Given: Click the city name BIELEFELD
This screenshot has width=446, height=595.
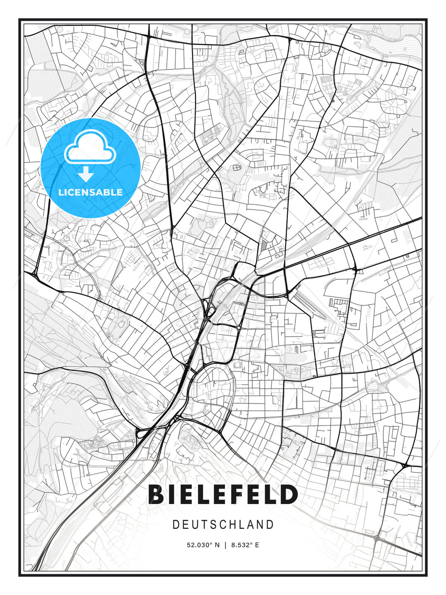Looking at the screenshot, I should pyautogui.click(x=223, y=495).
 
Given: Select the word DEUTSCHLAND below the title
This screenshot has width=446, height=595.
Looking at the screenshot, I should pyautogui.click(x=223, y=525).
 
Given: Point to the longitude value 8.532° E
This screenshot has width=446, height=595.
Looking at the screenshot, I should pyautogui.click(x=245, y=545).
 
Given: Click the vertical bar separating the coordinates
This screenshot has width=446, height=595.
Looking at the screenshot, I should pyautogui.click(x=225, y=545).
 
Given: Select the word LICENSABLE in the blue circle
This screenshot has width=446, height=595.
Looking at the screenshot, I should pyautogui.click(x=90, y=192).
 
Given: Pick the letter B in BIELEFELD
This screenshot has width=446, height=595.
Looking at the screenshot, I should pyautogui.click(x=156, y=495).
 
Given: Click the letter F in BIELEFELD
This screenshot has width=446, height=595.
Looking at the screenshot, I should pyautogui.click(x=240, y=495).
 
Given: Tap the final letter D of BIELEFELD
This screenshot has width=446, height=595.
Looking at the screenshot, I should pyautogui.click(x=289, y=495).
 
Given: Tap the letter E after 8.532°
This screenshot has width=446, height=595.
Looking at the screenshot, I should pyautogui.click(x=257, y=545).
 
